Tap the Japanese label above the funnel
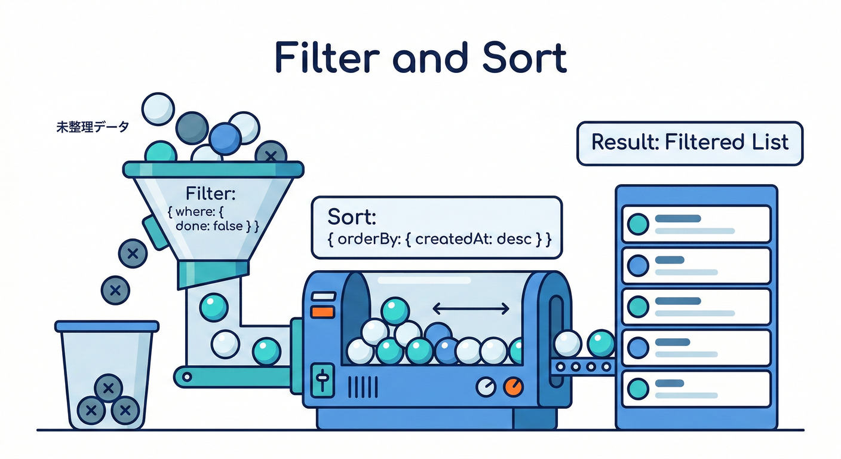(x=92, y=127)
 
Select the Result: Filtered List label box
(x=690, y=143)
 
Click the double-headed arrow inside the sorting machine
(x=471, y=308)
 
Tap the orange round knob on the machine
(x=512, y=387)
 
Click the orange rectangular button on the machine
(x=323, y=311)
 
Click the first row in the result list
(x=696, y=224)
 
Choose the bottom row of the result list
(x=696, y=388)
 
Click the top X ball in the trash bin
(x=108, y=389)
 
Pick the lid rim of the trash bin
(x=107, y=326)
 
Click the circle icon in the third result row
(x=639, y=306)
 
